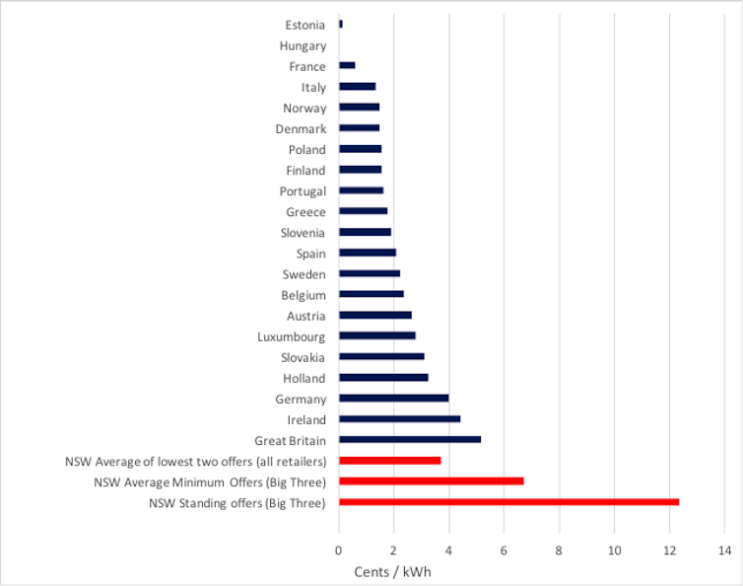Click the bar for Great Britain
410,440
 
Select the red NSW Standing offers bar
508,502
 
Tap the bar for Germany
394,399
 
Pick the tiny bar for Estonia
341,25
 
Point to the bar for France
347,66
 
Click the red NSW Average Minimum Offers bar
431,481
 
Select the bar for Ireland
400,419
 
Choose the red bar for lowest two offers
390,461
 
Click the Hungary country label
303,45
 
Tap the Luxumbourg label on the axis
292,336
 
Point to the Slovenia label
303,233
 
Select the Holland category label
304,378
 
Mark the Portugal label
303,191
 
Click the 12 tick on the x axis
669,550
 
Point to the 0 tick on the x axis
339,550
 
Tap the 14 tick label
724,550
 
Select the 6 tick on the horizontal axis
505,550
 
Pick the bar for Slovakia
382,357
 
